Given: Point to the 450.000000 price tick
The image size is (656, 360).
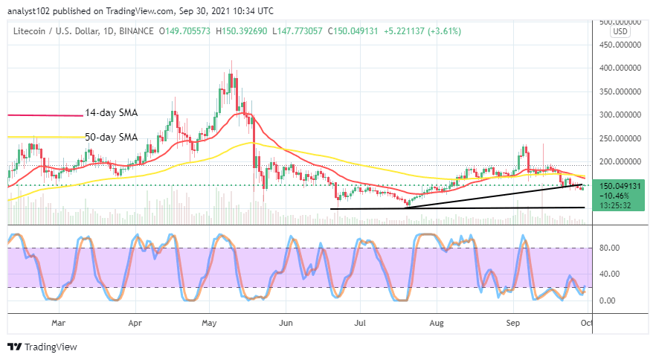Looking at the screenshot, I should click(622, 44).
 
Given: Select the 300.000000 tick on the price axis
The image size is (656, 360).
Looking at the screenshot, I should click(622, 115).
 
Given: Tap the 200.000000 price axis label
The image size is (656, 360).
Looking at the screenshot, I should click(622, 161).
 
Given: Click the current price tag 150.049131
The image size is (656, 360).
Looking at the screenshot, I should click(622, 185).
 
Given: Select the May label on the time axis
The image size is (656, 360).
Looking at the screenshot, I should click(209, 324).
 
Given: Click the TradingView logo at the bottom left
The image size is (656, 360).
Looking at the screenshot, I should click(42, 347).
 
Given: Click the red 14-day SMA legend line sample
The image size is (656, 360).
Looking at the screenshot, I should click(45, 115).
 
